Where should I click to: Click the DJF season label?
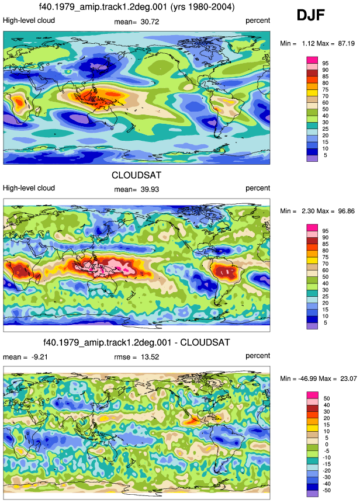(x=310, y=15)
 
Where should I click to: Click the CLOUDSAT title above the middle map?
(x=136, y=175)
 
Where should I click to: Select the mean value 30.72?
(x=150, y=22)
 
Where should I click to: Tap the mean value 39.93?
(x=150, y=189)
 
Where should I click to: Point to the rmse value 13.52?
(x=150, y=357)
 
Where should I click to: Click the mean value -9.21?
(x=40, y=357)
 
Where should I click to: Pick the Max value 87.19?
(x=346, y=43)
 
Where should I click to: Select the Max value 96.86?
(x=346, y=211)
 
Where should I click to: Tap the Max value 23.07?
(x=348, y=379)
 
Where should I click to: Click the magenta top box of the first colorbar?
(x=312, y=60)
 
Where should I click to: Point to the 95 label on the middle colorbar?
(x=326, y=231)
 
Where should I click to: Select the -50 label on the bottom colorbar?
(x=326, y=490)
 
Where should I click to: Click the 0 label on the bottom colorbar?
(x=327, y=445)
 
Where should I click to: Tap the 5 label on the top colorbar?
(x=326, y=155)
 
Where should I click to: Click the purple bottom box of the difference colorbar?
(x=312, y=494)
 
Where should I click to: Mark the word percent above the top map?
(x=258, y=20)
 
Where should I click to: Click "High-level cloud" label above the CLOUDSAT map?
(x=29, y=188)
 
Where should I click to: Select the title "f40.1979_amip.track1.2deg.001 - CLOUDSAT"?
(x=137, y=342)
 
